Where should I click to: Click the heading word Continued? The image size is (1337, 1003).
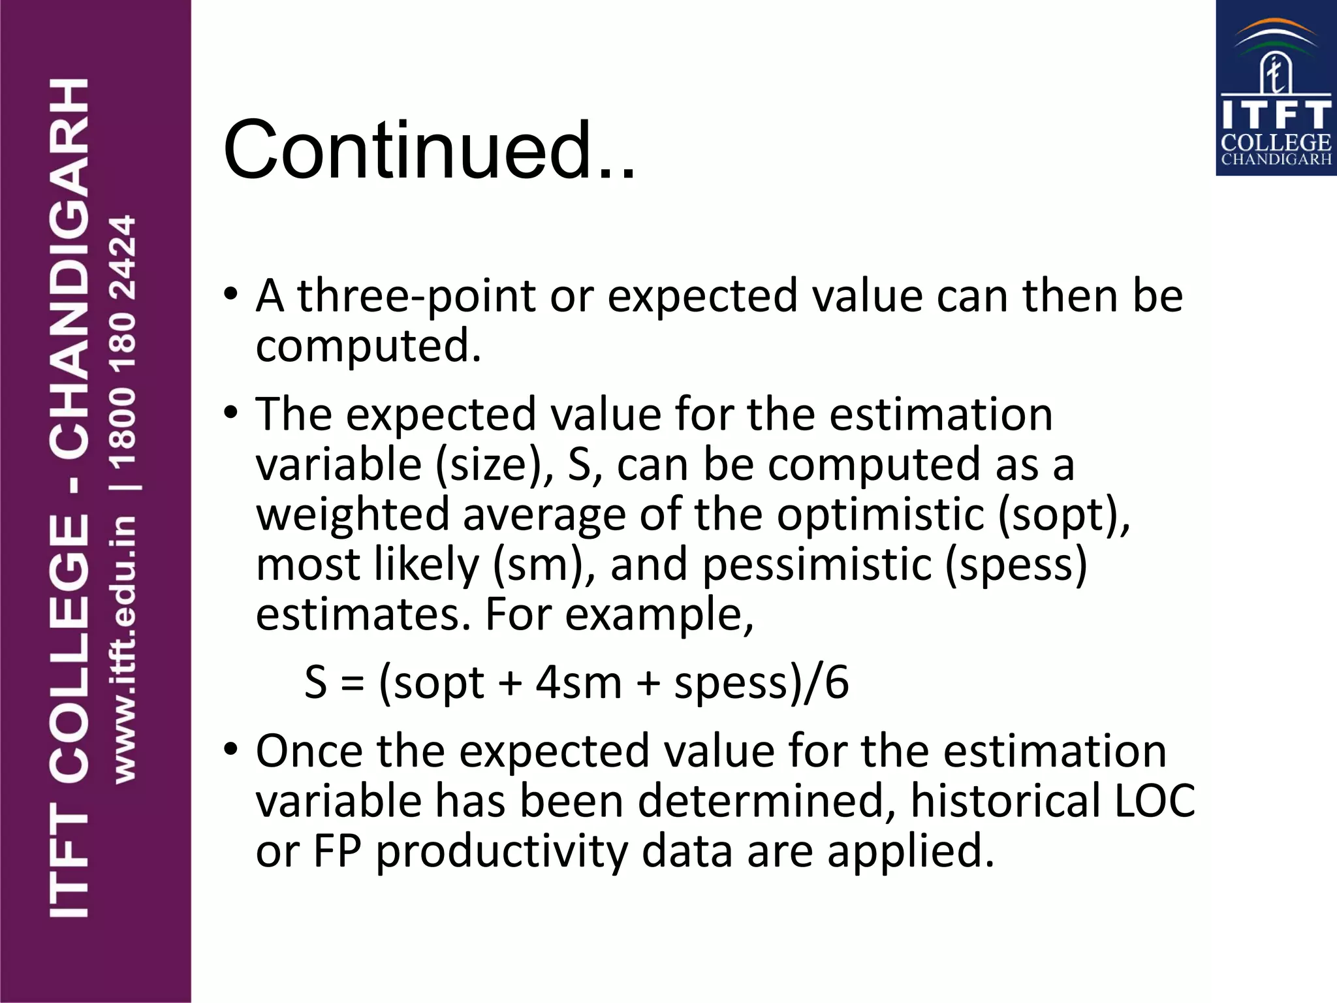[x=429, y=150]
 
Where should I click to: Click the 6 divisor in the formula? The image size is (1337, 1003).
[x=837, y=682]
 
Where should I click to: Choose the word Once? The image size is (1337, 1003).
[x=309, y=752]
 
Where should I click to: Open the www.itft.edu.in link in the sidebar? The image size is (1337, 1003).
[x=124, y=650]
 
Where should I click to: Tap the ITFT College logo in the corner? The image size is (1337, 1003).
[x=1276, y=89]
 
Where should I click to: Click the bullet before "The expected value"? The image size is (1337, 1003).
[x=230, y=413]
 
